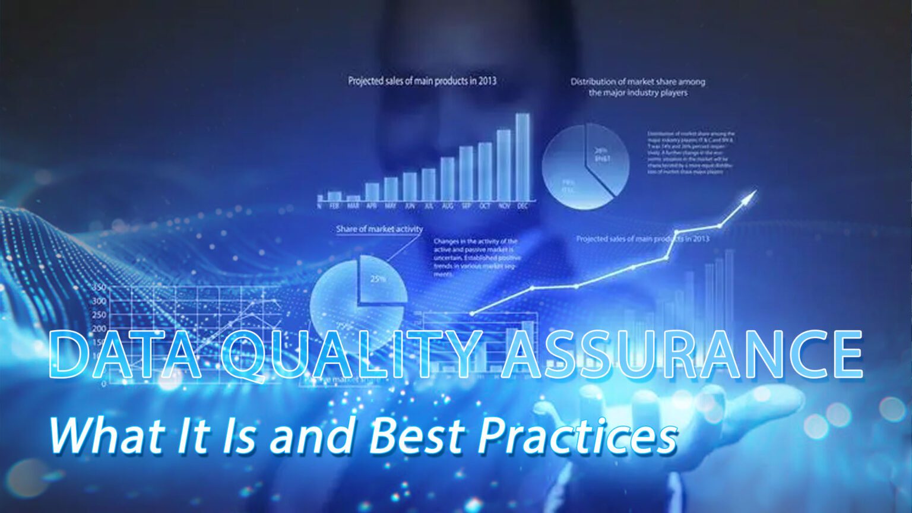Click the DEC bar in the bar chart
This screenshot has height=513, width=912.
pyautogui.click(x=522, y=157)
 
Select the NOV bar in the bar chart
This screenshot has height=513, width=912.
pyautogui.click(x=503, y=166)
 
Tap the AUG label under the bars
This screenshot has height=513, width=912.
pyautogui.click(x=447, y=206)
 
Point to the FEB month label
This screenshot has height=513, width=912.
pyautogui.click(x=334, y=206)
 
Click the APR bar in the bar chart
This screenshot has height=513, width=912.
pyautogui.click(x=372, y=191)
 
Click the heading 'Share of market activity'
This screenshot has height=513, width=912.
pyautogui.click(x=379, y=229)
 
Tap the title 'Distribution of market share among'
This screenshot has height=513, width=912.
pyautogui.click(x=638, y=82)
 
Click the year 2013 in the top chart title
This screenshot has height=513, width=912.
pyautogui.click(x=486, y=81)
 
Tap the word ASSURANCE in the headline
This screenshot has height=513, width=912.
pyautogui.click(x=682, y=354)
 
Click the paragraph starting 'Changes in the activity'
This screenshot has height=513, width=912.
pyautogui.click(x=476, y=258)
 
